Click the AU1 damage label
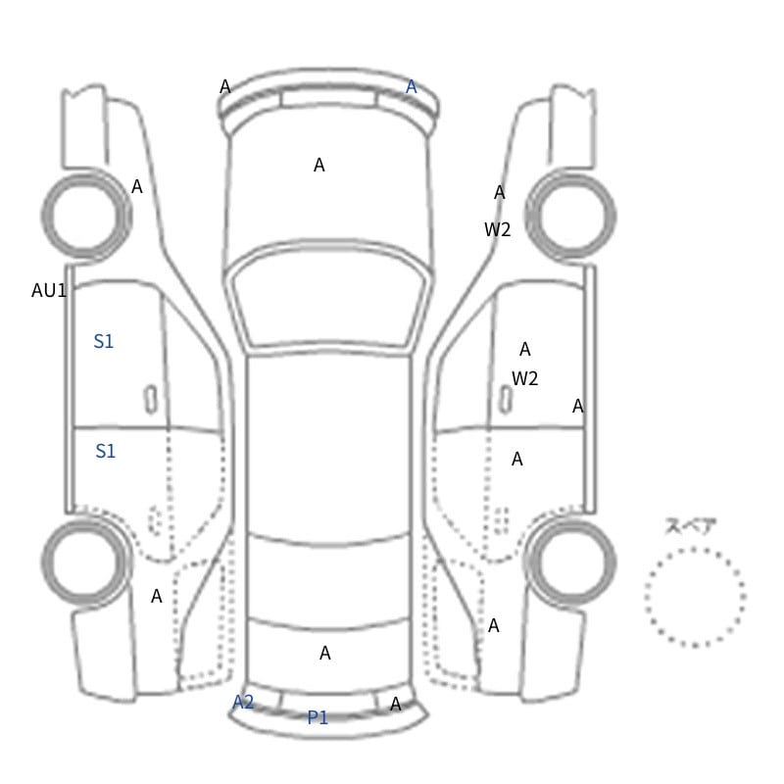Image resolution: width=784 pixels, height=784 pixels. (x=48, y=290)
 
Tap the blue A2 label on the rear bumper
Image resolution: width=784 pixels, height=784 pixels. (x=243, y=702)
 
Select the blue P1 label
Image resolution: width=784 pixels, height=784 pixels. (x=318, y=717)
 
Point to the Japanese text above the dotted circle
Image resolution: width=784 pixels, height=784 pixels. (x=684, y=526)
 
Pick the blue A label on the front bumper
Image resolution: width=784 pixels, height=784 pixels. (x=411, y=87)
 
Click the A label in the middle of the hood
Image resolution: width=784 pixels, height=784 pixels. (x=319, y=165)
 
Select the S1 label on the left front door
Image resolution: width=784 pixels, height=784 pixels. (x=104, y=341)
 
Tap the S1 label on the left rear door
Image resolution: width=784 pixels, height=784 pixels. (x=105, y=452)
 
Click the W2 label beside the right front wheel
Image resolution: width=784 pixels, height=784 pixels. (x=497, y=229)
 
